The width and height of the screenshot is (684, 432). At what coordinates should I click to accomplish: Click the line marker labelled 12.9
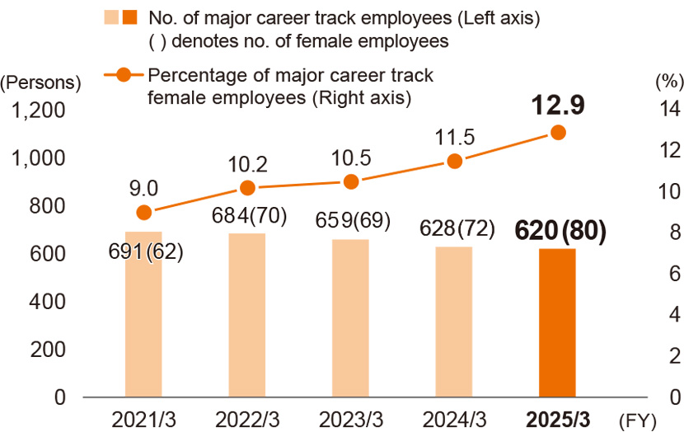pos(558,132)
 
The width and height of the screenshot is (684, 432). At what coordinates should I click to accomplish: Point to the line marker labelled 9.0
pos(143,212)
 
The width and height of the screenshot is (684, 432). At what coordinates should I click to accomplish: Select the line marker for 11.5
pos(454,162)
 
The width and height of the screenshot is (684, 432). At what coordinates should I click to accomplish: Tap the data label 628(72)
pos(454,227)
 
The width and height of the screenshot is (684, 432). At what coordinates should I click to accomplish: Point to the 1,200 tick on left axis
pos(41,110)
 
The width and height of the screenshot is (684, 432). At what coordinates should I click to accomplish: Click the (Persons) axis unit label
pos(41,82)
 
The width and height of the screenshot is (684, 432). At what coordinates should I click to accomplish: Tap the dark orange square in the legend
pos(129,17)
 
